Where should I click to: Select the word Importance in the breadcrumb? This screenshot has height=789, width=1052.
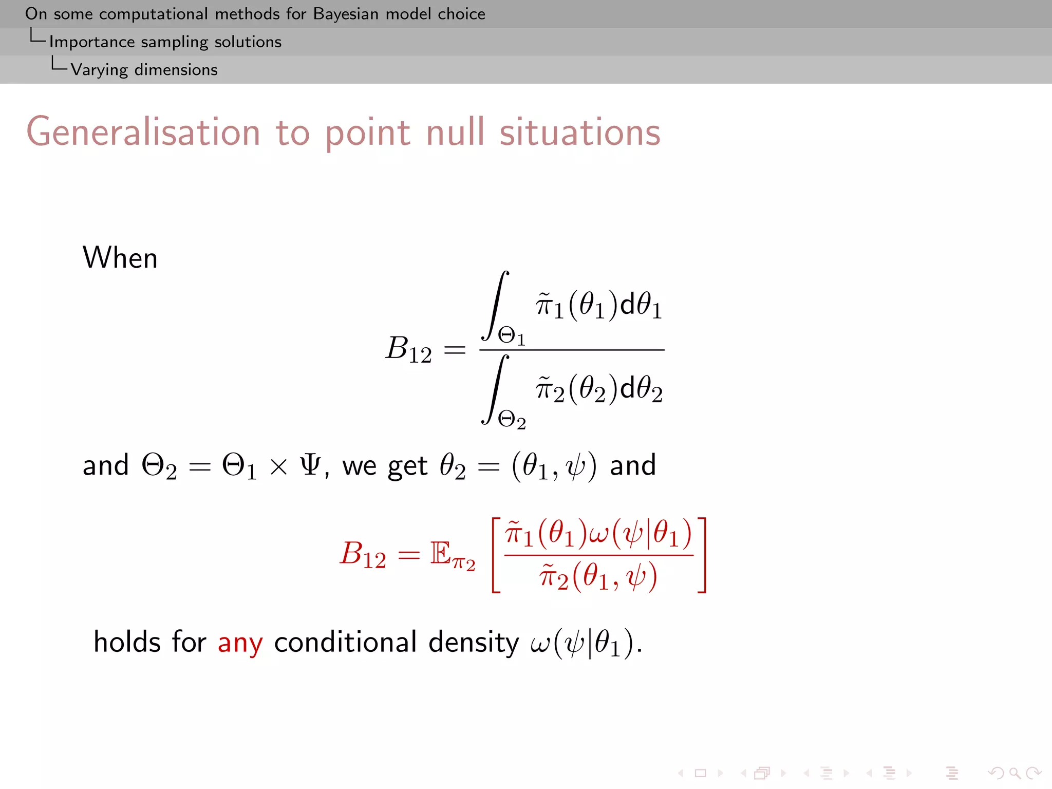pos(92,42)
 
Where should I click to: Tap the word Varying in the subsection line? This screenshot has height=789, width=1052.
pos(99,70)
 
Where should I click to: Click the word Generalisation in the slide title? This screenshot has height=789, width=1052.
pos(143,133)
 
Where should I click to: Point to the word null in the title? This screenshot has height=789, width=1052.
pos(455,133)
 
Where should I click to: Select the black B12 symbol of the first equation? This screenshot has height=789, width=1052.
pos(408,349)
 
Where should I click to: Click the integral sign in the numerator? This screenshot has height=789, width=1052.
pos(495,306)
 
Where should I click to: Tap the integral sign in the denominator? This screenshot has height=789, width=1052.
pos(495,389)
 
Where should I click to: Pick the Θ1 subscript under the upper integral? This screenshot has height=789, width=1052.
pos(511,336)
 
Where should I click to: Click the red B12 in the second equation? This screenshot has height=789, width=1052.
pos(363,555)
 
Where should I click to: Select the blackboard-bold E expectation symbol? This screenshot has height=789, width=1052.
pos(441,553)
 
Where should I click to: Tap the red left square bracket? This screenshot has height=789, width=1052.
pos(496,555)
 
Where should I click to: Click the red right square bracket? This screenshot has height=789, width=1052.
pos(702,555)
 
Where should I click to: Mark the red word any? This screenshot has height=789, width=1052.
pos(240,643)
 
